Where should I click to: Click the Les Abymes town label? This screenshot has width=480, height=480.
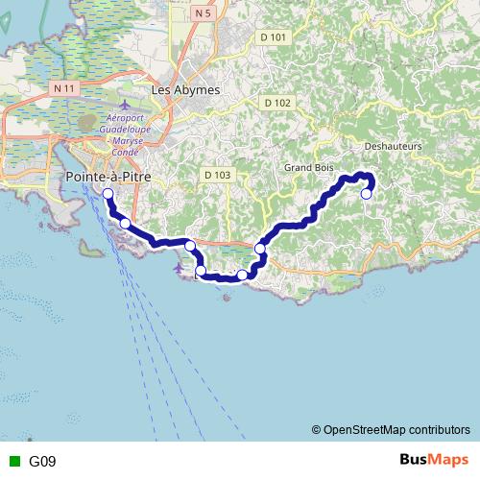tap(185, 89)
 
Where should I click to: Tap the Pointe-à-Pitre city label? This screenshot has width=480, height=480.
tap(107, 178)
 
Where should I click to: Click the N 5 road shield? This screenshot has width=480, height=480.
tap(200, 13)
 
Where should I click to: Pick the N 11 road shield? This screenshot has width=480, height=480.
tap(64, 87)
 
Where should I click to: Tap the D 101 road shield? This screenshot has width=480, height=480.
tap(273, 37)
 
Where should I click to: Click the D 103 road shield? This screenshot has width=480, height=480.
tap(217, 175)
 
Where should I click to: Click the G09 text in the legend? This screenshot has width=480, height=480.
tap(42, 461)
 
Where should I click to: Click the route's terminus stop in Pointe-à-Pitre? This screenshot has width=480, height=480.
tap(108, 194)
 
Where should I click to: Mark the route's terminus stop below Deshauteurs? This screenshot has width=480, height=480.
tap(366, 194)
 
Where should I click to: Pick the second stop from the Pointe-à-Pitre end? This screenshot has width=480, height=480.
tap(125, 224)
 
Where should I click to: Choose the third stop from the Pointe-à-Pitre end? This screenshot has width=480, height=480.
tap(190, 246)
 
